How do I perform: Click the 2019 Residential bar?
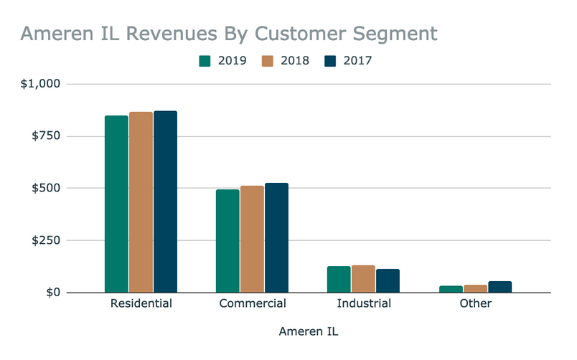(x=116, y=204)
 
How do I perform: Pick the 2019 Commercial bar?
(x=227, y=241)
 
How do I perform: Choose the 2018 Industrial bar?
(x=363, y=279)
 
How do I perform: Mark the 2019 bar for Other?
(x=451, y=289)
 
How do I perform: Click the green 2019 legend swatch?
(x=205, y=61)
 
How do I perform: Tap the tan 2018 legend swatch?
(x=267, y=61)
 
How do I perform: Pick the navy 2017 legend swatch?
(x=330, y=61)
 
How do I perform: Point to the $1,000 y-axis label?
(x=41, y=84)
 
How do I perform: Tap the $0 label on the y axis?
(x=53, y=293)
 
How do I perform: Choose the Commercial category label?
(x=252, y=304)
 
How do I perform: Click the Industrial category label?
(x=363, y=304)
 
